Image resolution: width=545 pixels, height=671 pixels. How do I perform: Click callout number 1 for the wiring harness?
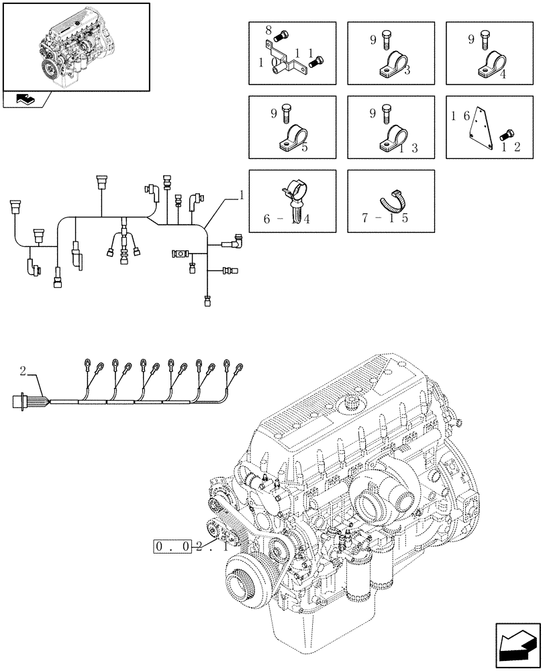click(241, 195)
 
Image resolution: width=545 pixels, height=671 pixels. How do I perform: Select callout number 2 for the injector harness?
click(23, 370)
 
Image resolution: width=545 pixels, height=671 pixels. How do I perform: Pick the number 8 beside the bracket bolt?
click(268, 30)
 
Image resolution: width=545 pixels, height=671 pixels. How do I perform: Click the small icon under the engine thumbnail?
click(27, 100)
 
